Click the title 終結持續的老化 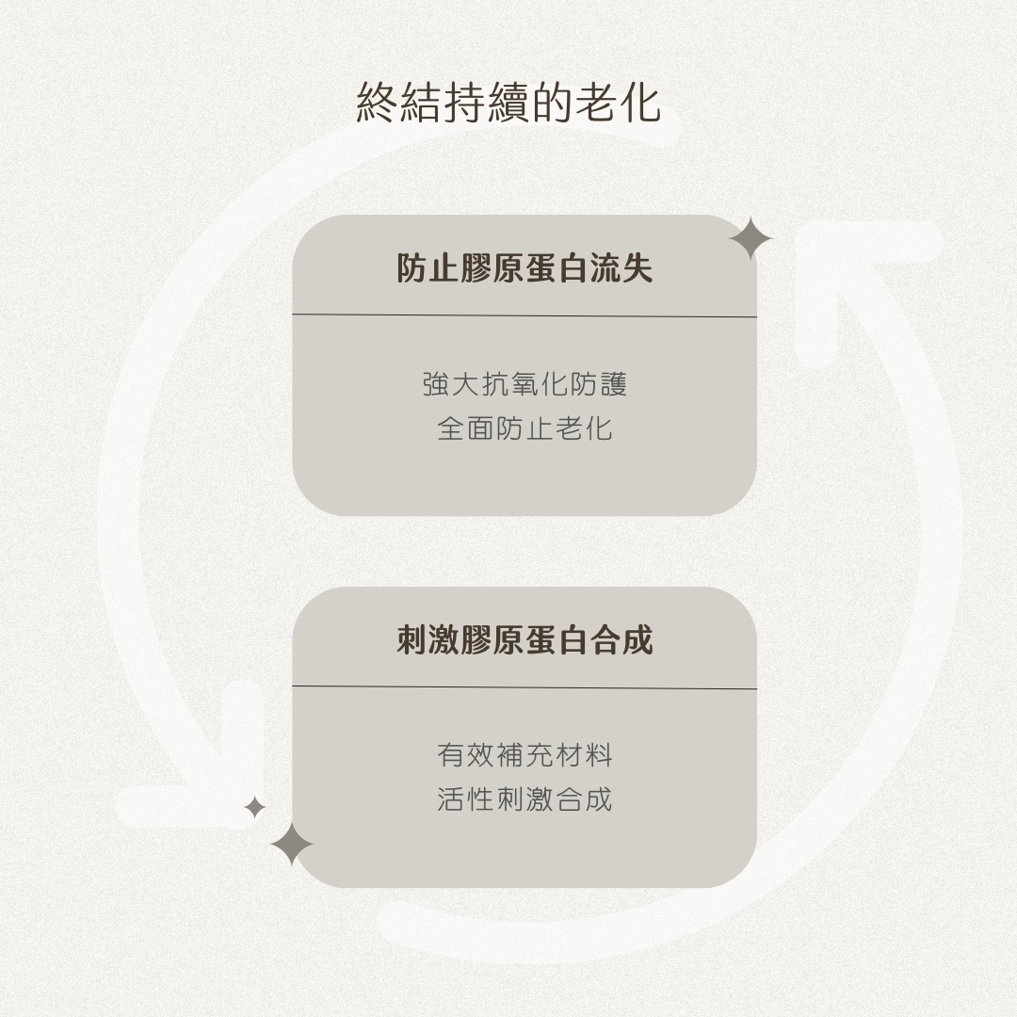508,103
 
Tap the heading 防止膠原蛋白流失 525,269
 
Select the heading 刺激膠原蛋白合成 525,640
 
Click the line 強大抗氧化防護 525,385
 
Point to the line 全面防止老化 525,429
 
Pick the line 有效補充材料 525,755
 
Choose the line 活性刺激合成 525,800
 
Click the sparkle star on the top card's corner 750,238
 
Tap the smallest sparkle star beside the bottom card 254,807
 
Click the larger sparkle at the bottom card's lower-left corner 292,844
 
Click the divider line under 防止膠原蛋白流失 525,315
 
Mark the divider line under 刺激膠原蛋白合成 525,687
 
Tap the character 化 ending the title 640,103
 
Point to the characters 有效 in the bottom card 466,755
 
